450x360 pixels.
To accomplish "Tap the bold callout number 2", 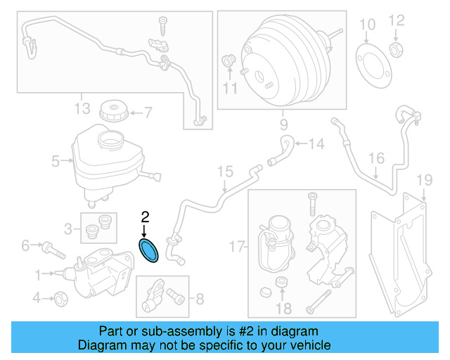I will [x=145, y=217].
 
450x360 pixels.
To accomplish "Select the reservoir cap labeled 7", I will [x=112, y=111].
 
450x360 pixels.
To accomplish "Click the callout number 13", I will [x=82, y=108].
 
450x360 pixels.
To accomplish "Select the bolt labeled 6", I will [x=52, y=247].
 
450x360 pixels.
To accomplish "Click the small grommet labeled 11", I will [x=229, y=60].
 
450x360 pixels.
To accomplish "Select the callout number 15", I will [x=224, y=171].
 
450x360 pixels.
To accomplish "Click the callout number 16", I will [x=377, y=157].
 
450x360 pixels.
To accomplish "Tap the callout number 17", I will [x=237, y=246].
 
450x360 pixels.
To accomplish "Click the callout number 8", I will [x=199, y=300].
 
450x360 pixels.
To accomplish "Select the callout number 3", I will [x=67, y=229].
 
